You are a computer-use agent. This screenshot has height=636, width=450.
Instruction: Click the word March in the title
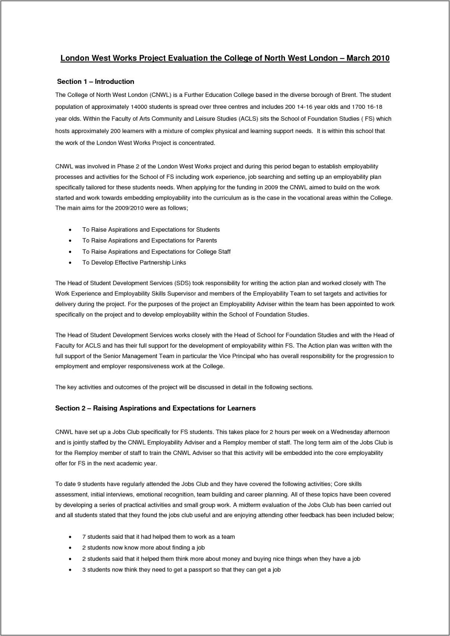(358, 58)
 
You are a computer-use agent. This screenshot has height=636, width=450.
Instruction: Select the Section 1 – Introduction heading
(95, 82)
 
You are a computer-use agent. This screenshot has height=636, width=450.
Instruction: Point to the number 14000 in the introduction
(139, 107)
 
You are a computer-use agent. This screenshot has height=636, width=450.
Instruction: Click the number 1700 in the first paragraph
(358, 107)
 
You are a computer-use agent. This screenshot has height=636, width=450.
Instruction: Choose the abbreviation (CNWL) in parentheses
(161, 95)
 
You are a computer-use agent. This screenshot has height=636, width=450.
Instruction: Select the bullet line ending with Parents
(149, 241)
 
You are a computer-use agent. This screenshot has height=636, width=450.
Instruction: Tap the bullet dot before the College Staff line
(70, 252)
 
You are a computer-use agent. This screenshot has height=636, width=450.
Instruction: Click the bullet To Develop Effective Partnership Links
(134, 263)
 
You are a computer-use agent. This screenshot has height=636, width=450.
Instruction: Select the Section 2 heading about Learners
(155, 408)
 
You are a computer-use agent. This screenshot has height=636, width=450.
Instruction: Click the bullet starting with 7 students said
(158, 537)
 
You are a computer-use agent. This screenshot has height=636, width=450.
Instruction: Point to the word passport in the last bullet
(200, 570)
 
